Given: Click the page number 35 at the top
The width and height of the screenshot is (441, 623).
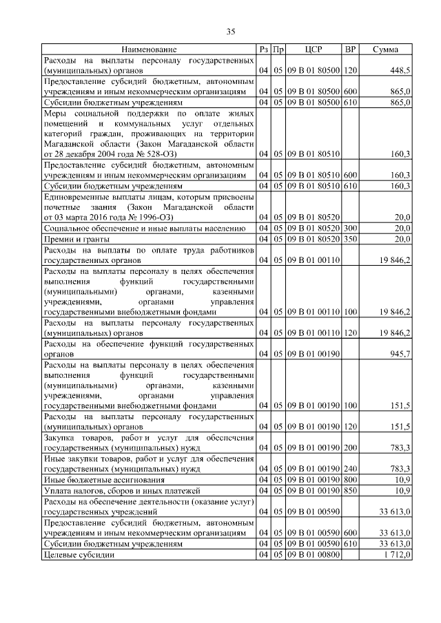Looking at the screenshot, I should [x=231, y=31].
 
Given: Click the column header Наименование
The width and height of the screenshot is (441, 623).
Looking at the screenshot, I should [x=149, y=50].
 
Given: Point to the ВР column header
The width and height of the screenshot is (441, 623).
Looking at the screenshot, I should [x=350, y=50].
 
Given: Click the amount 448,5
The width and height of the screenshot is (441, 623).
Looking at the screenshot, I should [x=400, y=70].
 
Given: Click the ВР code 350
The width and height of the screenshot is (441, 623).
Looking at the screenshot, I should [x=350, y=238].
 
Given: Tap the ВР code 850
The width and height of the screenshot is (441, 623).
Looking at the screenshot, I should [x=350, y=490].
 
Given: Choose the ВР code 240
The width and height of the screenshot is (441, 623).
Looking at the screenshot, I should [x=350, y=469].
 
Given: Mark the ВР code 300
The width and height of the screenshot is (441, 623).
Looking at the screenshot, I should [x=350, y=228].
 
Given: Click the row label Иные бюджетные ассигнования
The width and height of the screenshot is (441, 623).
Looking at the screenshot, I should [x=104, y=480].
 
